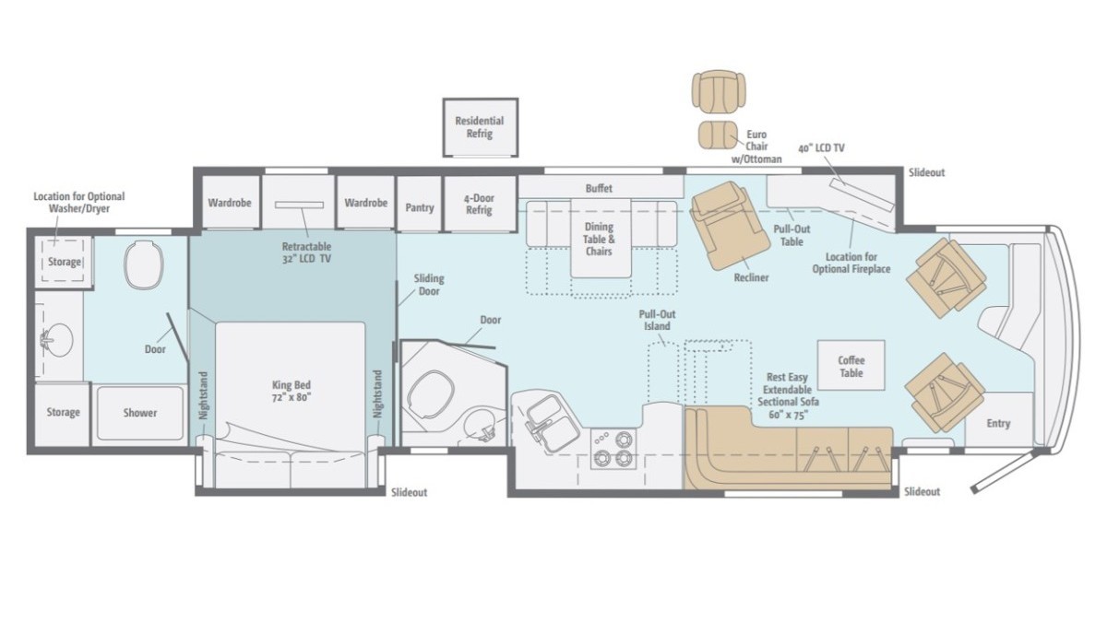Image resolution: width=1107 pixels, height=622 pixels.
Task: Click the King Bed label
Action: click(292, 391)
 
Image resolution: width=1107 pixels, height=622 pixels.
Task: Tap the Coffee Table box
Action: click(851, 365)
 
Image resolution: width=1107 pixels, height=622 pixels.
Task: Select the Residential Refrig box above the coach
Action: click(481, 127)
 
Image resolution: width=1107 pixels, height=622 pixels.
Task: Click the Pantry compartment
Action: click(419, 204)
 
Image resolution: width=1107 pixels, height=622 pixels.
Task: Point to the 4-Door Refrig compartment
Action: click(480, 204)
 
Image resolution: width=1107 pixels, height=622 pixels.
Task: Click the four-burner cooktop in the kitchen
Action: click(613, 449)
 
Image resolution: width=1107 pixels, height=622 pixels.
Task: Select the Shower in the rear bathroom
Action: click(140, 413)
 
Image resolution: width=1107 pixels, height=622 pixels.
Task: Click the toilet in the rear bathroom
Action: click(143, 264)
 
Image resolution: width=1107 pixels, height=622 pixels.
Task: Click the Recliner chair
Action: click(730, 225)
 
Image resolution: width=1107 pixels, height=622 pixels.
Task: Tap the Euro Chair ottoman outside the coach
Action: click(718, 135)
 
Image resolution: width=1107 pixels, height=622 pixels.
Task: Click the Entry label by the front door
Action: click(998, 424)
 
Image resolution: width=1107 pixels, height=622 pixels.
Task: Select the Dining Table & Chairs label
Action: click(599, 240)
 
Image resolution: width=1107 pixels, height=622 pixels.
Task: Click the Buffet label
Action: click(599, 188)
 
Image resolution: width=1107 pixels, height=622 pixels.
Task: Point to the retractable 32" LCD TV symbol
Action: click(300, 205)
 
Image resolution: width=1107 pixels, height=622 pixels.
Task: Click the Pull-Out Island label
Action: click(657, 321)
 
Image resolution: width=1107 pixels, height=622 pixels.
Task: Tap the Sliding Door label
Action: click(429, 285)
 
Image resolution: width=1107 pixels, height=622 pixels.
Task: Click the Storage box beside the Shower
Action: click(63, 414)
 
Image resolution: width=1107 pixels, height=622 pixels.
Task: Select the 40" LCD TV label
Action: click(821, 148)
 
